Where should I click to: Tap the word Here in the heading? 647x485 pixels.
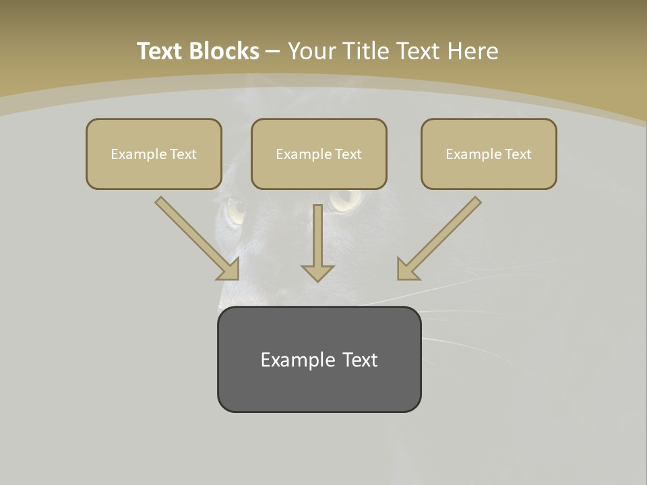pyautogui.click(x=471, y=51)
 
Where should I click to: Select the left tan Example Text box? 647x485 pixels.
pyautogui.click(x=154, y=154)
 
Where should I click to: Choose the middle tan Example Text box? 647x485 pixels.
pyautogui.click(x=319, y=154)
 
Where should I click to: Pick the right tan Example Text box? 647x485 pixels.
pyautogui.click(x=489, y=154)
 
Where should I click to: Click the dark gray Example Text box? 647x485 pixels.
pyautogui.click(x=319, y=359)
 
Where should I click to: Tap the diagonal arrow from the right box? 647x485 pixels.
pyautogui.click(x=441, y=236)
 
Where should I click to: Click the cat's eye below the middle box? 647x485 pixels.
pyautogui.click(x=345, y=199)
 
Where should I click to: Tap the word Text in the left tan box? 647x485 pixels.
pyautogui.click(x=183, y=154)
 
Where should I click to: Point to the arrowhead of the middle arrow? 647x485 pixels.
pyautogui.click(x=317, y=272)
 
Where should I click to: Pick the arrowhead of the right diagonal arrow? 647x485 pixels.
pyautogui.click(x=407, y=269)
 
